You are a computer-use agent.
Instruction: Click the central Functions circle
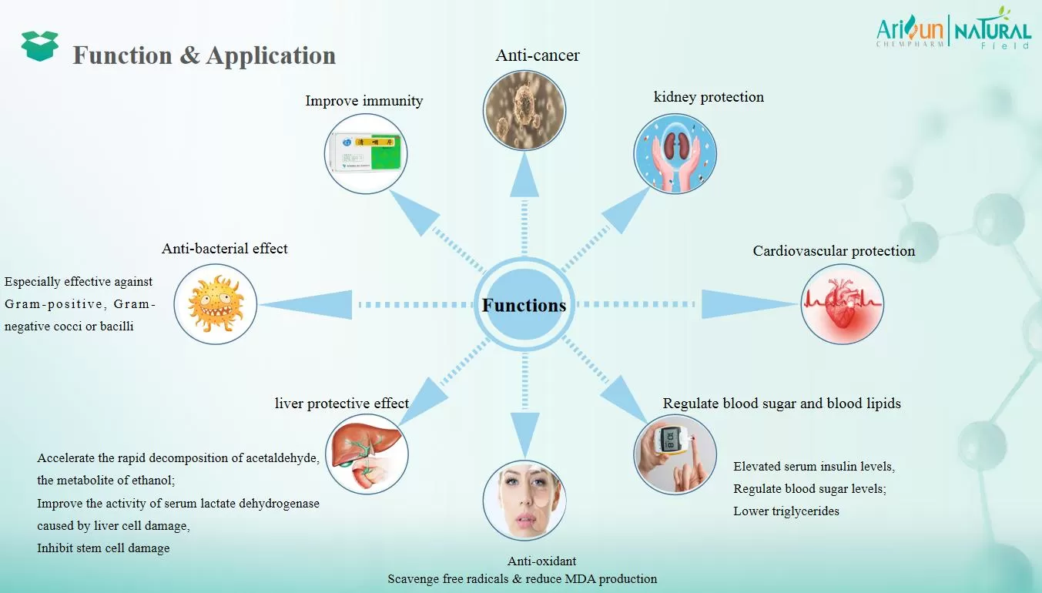pos(524,305)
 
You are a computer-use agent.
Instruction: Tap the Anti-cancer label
pos(538,55)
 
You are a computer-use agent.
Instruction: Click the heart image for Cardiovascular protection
pos(842,303)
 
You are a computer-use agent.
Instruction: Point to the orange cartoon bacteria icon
pos(215,303)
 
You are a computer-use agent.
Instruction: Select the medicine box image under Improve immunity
pos(365,151)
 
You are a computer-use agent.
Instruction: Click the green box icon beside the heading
pos(40,46)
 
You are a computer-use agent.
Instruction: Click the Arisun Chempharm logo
pos(912,32)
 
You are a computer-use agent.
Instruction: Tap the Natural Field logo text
pos(993,32)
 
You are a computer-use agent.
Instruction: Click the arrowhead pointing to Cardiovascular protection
pos(728,304)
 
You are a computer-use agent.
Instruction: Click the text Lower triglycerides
pos(786,511)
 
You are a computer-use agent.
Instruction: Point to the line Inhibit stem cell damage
pos(103,548)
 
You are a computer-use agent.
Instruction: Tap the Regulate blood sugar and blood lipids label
pos(781,404)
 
